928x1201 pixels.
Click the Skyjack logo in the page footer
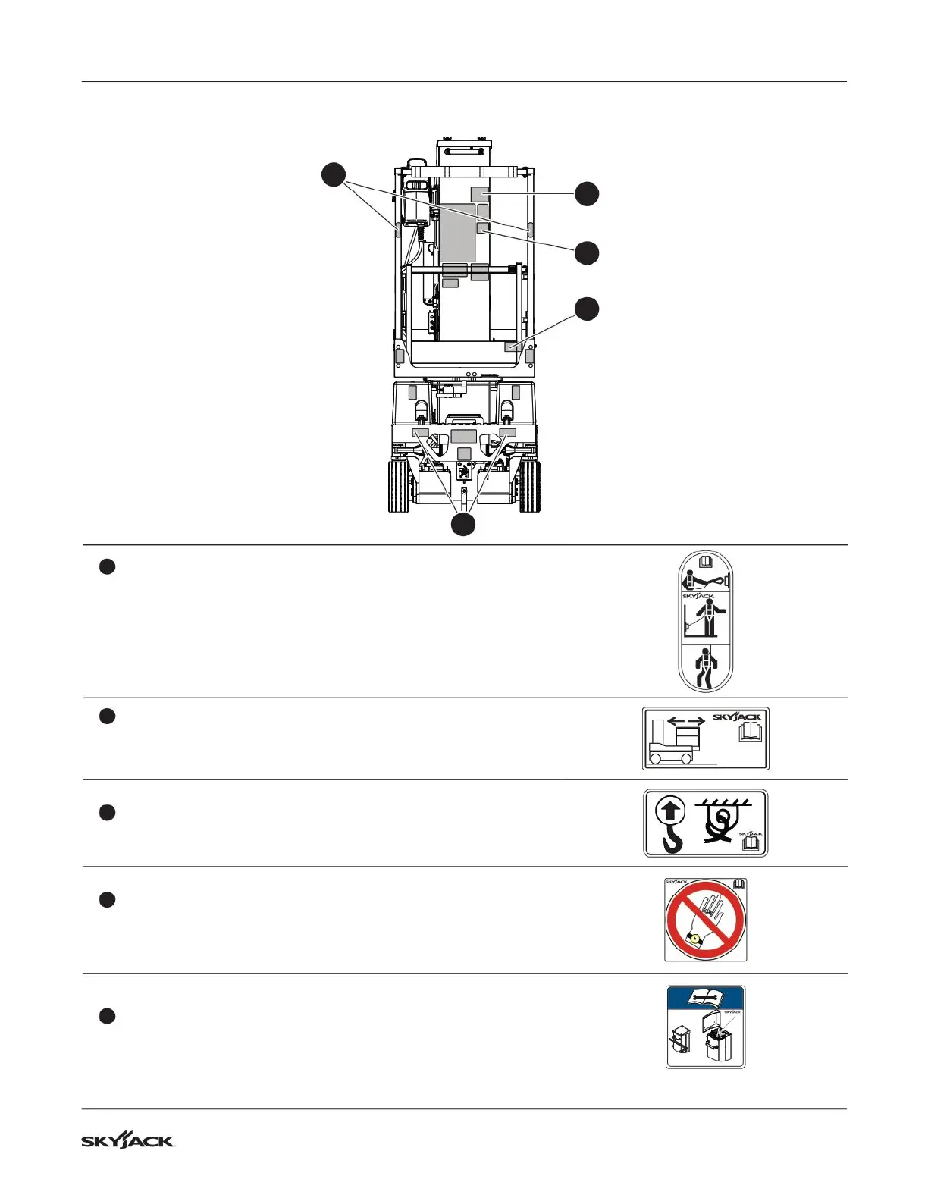click(x=128, y=1141)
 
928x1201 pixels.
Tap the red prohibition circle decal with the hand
click(x=705, y=920)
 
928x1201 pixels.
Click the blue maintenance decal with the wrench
click(x=705, y=1027)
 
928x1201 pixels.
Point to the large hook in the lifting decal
click(x=671, y=837)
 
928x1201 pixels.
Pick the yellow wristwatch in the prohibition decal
click(x=695, y=940)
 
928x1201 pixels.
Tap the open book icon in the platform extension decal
click(x=751, y=732)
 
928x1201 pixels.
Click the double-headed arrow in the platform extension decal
click(x=686, y=721)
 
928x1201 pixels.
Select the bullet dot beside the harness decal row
click(x=107, y=566)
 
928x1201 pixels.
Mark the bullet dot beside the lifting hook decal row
click(x=107, y=813)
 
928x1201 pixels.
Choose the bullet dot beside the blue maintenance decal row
click(x=107, y=1017)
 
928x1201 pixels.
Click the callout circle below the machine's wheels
click(x=464, y=524)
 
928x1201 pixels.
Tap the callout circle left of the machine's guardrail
click(x=332, y=174)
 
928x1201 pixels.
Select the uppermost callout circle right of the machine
click(x=586, y=193)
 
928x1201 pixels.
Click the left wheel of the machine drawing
click(x=399, y=486)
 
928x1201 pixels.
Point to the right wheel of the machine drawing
click(x=530, y=486)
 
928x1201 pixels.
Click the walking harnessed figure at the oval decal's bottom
click(x=706, y=667)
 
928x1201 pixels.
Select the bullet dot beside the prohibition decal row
click(x=107, y=900)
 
